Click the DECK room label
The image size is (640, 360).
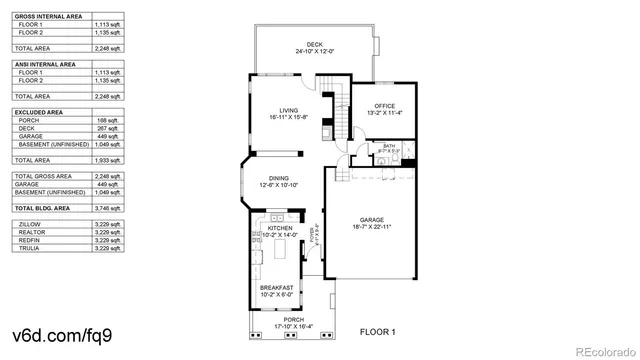(x=315, y=44)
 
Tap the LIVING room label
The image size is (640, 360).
(x=289, y=110)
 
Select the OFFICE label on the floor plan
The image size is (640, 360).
(x=384, y=106)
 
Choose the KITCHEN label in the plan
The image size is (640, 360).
(x=279, y=228)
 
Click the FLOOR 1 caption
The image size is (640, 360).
(x=378, y=331)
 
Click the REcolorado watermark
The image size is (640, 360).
(x=601, y=349)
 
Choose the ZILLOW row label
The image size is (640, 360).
(x=29, y=225)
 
